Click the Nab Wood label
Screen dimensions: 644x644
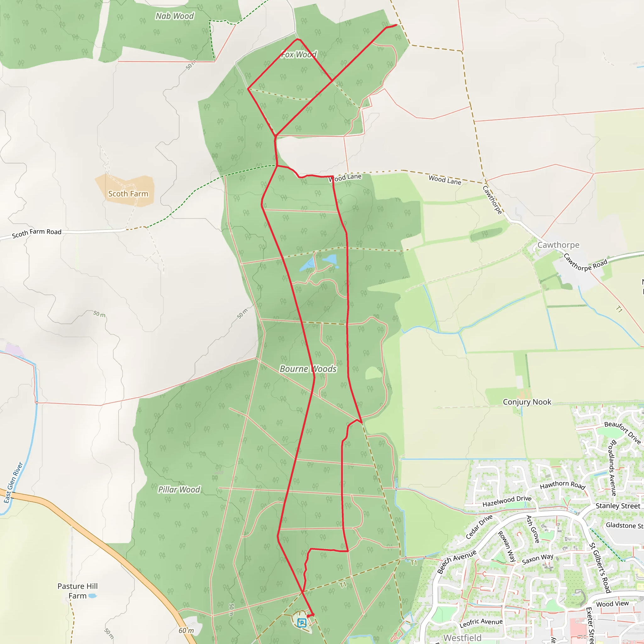click(175, 16)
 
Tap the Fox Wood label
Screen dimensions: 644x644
click(299, 54)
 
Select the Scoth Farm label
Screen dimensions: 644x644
click(128, 194)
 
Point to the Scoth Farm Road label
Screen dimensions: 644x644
click(37, 233)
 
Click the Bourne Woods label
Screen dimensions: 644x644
click(308, 369)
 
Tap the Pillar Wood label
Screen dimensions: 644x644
click(179, 489)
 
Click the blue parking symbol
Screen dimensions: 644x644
click(302, 622)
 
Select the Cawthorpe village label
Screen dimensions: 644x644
click(558, 245)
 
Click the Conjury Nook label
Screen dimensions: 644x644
click(527, 402)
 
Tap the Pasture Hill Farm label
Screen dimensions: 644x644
click(77, 591)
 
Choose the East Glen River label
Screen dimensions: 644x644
click(13, 482)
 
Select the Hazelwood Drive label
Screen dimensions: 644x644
click(507, 501)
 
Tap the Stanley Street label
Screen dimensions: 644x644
click(618, 506)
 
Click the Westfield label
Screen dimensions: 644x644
click(462, 638)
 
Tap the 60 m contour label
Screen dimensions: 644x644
click(186, 630)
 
